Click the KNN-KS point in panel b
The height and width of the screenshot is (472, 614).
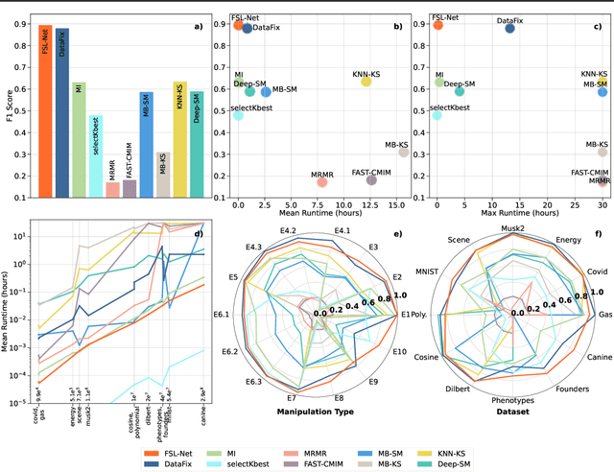coord(366,83)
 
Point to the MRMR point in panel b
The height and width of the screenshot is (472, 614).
coord(322,182)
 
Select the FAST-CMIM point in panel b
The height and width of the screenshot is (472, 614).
coord(371,179)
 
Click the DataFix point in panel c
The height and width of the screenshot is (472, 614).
coord(510,28)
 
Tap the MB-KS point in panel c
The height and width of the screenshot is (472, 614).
coord(602,152)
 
